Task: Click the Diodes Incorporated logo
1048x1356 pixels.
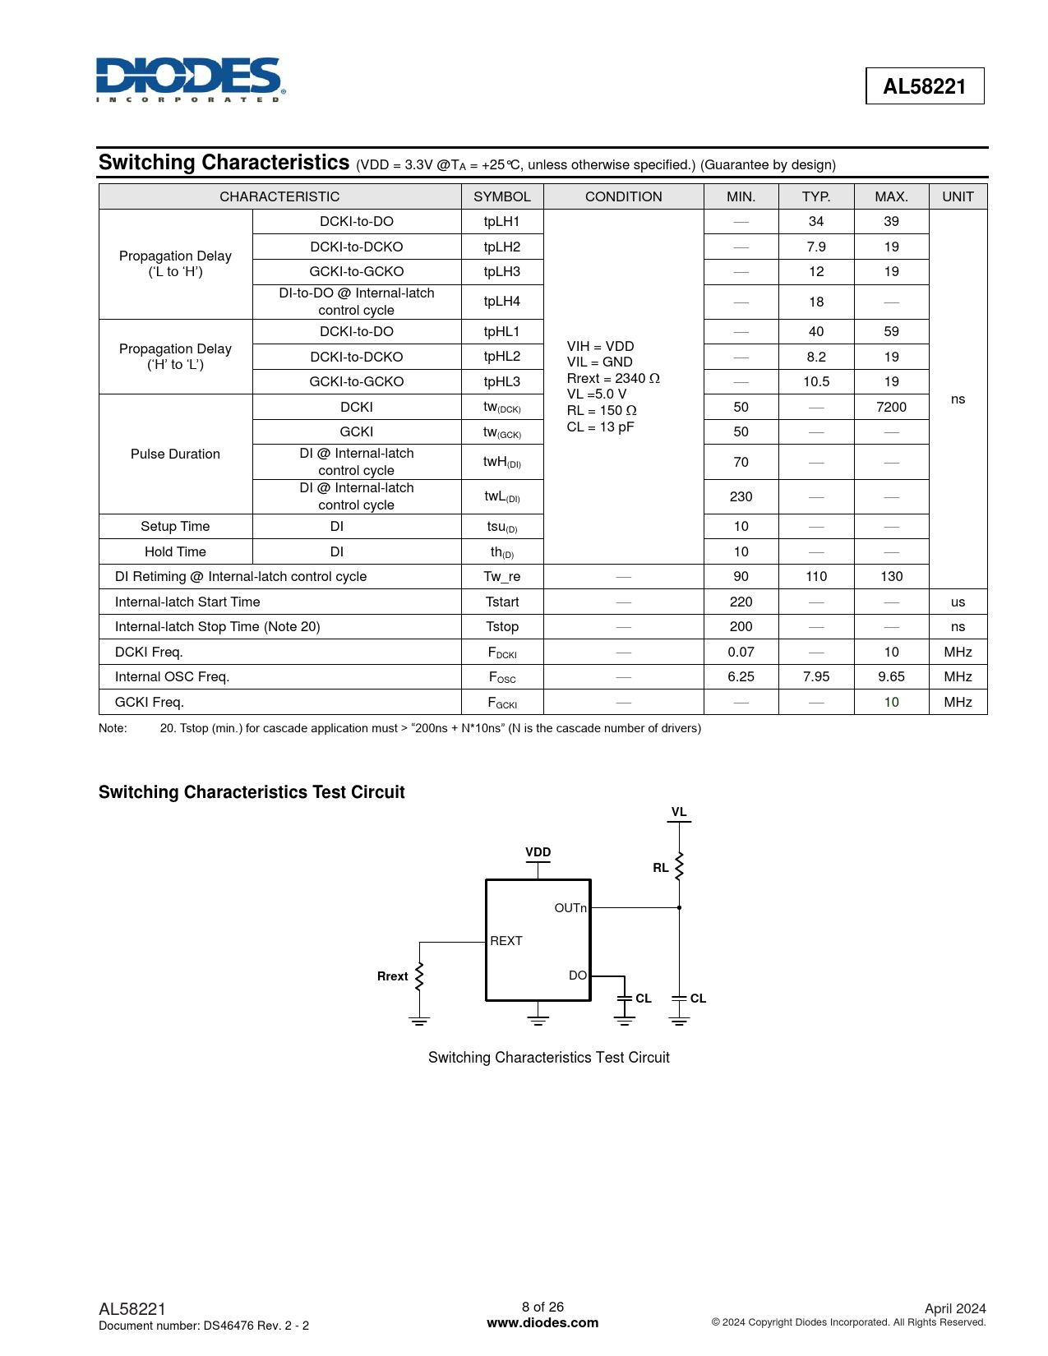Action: (190, 80)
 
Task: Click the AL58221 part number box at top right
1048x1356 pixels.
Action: (924, 86)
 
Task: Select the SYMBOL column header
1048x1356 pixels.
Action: (501, 196)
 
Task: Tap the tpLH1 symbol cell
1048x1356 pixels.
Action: (501, 221)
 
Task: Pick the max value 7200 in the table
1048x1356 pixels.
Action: (891, 407)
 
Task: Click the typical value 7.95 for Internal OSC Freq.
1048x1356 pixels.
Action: (815, 676)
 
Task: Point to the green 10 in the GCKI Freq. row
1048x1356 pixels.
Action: (891, 702)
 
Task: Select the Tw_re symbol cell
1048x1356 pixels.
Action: (501, 576)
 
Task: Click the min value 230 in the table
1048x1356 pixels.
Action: (741, 496)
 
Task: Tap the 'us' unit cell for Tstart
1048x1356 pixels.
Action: (958, 602)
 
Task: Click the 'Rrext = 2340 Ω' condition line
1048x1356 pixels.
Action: (613, 378)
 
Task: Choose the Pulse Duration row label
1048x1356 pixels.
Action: (175, 454)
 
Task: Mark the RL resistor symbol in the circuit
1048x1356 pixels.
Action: (679, 866)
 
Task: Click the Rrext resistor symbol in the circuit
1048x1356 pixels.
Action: (419, 976)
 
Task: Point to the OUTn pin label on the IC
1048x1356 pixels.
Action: (570, 908)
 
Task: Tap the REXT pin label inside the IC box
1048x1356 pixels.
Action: (506, 941)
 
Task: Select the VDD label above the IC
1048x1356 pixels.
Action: (538, 852)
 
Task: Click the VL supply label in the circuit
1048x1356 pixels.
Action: (679, 812)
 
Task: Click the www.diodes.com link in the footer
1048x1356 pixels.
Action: (542, 1323)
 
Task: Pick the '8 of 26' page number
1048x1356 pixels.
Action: (542, 1307)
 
